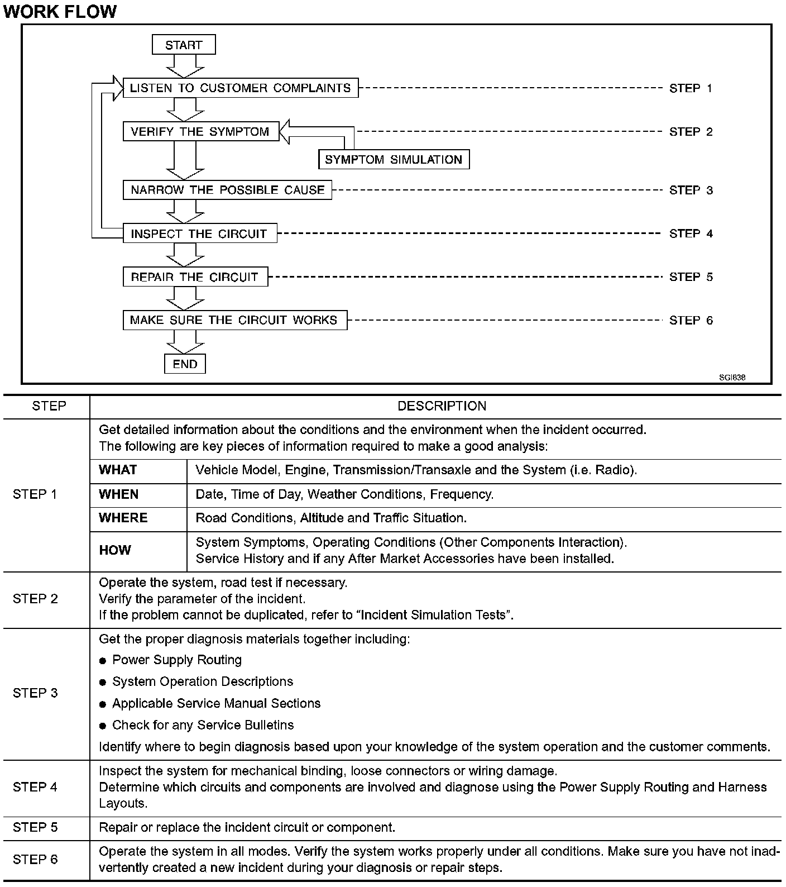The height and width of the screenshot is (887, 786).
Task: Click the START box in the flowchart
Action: click(x=184, y=45)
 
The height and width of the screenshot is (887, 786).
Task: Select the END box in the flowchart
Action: click(x=185, y=364)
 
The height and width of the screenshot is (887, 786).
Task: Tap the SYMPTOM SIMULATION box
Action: click(x=394, y=159)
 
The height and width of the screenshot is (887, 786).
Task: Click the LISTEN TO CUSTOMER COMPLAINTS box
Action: click(x=240, y=88)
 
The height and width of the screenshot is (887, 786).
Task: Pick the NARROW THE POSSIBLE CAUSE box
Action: click(x=227, y=190)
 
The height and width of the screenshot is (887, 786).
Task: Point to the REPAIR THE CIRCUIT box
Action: click(x=195, y=277)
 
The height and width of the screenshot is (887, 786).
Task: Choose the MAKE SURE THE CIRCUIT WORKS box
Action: click(x=234, y=320)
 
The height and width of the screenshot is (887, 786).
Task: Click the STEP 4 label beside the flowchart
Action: click(x=691, y=233)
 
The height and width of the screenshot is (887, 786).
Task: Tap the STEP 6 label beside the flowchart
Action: click(x=691, y=320)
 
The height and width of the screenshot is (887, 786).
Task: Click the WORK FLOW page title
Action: click(x=60, y=12)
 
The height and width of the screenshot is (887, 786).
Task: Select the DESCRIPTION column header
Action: click(x=442, y=406)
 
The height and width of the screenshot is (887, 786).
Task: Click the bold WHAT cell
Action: click(x=118, y=470)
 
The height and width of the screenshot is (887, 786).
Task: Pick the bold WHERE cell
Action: click(x=123, y=518)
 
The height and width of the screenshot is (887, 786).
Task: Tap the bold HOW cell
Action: click(x=114, y=550)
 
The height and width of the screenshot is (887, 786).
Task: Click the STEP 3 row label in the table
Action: click(x=35, y=693)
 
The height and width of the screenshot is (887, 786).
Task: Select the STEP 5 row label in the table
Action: click(x=35, y=827)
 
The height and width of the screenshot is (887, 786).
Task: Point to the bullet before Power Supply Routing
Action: click(x=103, y=661)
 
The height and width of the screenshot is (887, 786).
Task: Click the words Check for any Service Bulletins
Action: click(x=203, y=725)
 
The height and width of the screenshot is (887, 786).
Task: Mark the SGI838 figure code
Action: click(x=732, y=377)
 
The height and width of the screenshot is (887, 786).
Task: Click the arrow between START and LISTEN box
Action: click(x=185, y=66)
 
